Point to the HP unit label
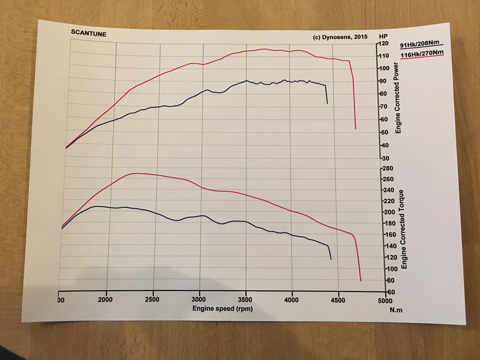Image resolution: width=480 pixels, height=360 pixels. coord(384,36)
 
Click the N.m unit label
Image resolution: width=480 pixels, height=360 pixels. coord(396,310)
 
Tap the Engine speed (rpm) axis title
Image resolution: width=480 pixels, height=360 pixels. coord(223,308)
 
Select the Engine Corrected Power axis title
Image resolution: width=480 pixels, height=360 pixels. coord(398,98)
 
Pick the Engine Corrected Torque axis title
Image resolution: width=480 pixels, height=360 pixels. coord(404,229)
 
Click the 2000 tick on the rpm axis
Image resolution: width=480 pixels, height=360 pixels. coord(106,300)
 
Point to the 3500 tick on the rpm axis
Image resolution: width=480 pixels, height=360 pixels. coord(246,300)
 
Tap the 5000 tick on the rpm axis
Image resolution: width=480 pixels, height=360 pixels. coord(386,300)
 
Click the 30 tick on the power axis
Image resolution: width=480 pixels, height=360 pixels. coord(384,158)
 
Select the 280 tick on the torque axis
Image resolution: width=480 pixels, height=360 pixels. coord(387,168)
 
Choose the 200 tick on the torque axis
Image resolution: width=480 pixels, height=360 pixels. coord(387,212)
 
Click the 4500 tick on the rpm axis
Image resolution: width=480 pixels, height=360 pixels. coord(338,300)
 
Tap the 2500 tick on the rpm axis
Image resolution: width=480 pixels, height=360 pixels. coord(153,300)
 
